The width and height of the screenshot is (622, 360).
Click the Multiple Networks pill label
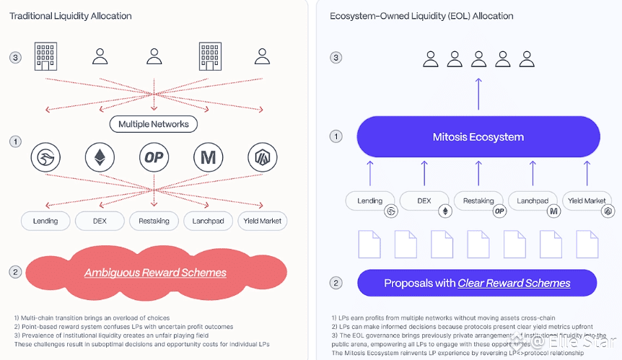[154, 124]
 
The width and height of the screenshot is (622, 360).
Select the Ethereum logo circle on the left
[100, 157]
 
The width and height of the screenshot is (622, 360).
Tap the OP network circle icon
[154, 157]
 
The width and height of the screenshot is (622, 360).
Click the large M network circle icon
[208, 157]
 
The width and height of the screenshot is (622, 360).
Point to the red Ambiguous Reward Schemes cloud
[154, 273]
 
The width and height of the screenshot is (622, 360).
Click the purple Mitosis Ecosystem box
[478, 137]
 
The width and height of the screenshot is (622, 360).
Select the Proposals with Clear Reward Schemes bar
[477, 283]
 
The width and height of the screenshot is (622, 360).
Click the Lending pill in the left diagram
[45, 221]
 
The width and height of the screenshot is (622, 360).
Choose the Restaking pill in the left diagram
[154, 221]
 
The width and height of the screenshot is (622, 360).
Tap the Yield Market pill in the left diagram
[263, 221]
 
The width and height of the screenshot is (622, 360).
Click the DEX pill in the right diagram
[426, 201]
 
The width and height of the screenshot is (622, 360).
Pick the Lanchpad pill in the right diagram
[534, 201]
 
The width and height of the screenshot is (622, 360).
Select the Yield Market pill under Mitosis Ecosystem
[587, 201]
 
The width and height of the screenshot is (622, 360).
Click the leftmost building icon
[45, 57]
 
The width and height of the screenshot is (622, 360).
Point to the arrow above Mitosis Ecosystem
[478, 92]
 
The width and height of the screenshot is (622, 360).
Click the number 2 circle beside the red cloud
[15, 272]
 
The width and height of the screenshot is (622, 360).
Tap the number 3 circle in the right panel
[335, 57]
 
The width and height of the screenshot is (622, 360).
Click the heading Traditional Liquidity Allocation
[70, 15]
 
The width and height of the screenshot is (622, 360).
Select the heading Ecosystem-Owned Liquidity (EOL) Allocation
[421, 15]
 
